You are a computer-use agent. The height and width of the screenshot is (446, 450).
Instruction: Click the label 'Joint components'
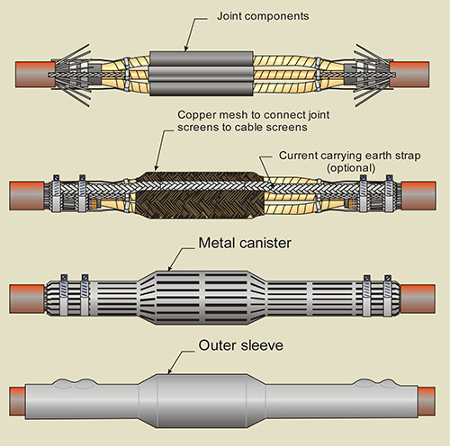(x=263, y=16)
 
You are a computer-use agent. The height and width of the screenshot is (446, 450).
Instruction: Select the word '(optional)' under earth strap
(x=351, y=168)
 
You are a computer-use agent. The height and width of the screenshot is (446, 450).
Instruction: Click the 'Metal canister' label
(x=245, y=243)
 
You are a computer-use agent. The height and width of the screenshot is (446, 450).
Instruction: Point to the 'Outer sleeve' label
(x=241, y=345)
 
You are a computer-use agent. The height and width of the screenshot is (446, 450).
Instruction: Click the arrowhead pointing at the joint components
(x=185, y=49)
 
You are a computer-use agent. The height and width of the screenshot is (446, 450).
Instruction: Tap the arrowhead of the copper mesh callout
(x=156, y=168)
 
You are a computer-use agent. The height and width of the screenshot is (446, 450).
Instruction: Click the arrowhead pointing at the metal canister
(x=169, y=268)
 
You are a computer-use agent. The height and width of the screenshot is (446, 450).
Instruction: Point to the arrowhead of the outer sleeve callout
(x=169, y=371)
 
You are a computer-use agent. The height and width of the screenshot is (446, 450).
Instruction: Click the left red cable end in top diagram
(x=34, y=75)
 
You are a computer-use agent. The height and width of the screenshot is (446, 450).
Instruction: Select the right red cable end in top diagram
(x=409, y=75)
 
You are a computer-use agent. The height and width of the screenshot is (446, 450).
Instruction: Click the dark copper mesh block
(x=201, y=195)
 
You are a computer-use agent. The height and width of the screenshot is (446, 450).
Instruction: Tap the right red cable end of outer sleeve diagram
(x=427, y=401)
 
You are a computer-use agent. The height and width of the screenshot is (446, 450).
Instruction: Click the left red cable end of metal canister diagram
(x=27, y=299)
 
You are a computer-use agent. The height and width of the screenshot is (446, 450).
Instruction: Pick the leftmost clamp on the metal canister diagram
(x=64, y=295)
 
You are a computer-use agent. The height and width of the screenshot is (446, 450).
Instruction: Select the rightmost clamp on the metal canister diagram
(x=388, y=295)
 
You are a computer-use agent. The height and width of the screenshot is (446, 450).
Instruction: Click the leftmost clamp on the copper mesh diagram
(x=56, y=193)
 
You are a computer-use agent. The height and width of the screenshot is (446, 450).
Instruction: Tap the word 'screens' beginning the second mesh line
(x=197, y=128)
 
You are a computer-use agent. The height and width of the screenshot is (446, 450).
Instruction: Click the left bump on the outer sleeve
(x=62, y=384)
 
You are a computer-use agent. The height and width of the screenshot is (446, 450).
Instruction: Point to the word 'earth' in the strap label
(x=367, y=156)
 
